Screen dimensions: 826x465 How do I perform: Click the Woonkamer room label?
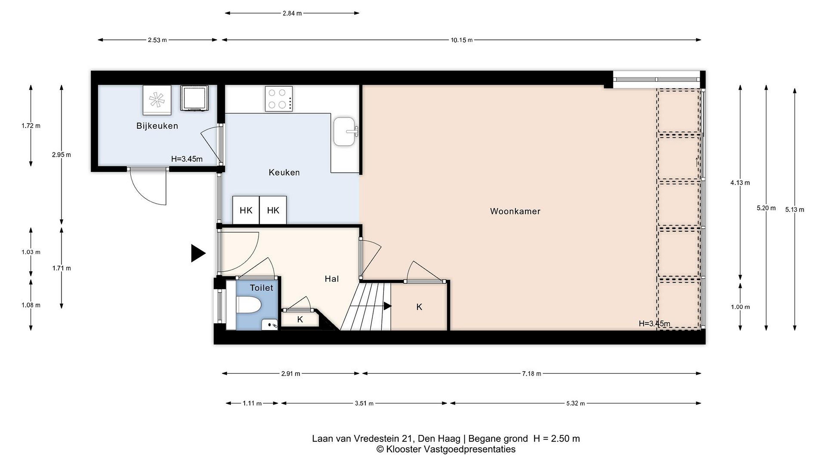(515, 211)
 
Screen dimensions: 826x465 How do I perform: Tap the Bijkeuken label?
(157, 126)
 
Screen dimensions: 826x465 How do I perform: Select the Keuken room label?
(284, 173)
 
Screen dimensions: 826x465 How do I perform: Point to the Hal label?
(332, 279)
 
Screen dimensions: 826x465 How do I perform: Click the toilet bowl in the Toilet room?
(248, 305)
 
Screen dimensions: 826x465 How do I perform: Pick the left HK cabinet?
(246, 210)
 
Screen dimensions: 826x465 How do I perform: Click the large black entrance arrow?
(198, 253)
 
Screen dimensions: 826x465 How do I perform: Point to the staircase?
(366, 306)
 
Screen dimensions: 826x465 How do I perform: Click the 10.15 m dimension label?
(461, 40)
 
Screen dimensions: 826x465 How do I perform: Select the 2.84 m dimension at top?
(292, 13)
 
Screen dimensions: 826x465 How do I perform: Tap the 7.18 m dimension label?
(531, 373)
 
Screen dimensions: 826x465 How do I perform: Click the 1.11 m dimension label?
(252, 403)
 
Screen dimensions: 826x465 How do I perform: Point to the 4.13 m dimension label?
(740, 183)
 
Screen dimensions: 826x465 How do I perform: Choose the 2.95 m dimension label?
(61, 155)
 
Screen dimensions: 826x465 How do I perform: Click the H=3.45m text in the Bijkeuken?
(187, 159)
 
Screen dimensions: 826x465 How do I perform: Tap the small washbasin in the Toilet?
(269, 324)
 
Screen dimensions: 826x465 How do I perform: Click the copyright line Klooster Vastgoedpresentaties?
(446, 449)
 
